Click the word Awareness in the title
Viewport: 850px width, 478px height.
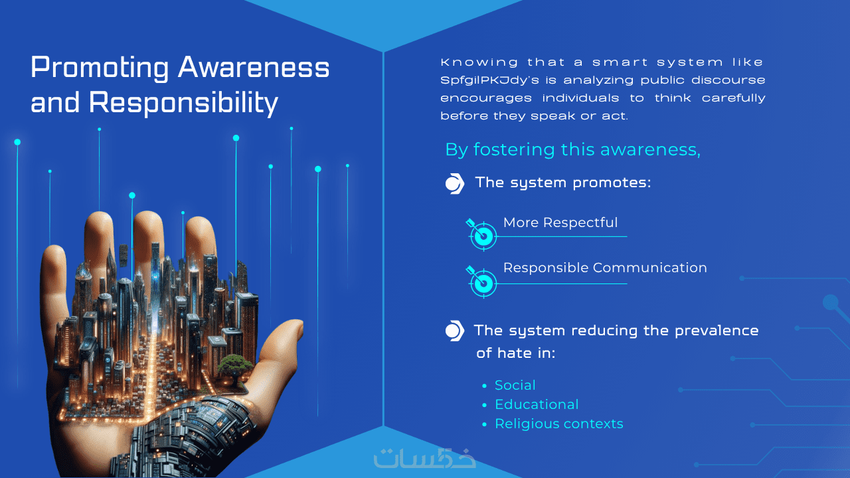click(254, 68)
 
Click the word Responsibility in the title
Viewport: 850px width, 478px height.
click(184, 102)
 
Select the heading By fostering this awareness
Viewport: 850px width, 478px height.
click(572, 149)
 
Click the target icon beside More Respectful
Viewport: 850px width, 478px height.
click(481, 235)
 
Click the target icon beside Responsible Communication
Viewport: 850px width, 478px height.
click(481, 282)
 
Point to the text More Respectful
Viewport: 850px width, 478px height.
click(560, 222)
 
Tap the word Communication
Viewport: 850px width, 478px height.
click(650, 268)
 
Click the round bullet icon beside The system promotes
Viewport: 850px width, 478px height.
click(455, 184)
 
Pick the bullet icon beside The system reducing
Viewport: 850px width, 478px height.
click(455, 331)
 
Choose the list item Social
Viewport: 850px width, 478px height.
click(515, 386)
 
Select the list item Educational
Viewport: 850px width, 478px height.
click(537, 404)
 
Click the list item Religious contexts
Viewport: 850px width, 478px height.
click(559, 424)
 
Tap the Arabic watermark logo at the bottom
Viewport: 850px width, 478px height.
click(424, 458)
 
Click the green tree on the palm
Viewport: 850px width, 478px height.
click(234, 366)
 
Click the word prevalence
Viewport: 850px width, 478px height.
click(717, 331)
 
